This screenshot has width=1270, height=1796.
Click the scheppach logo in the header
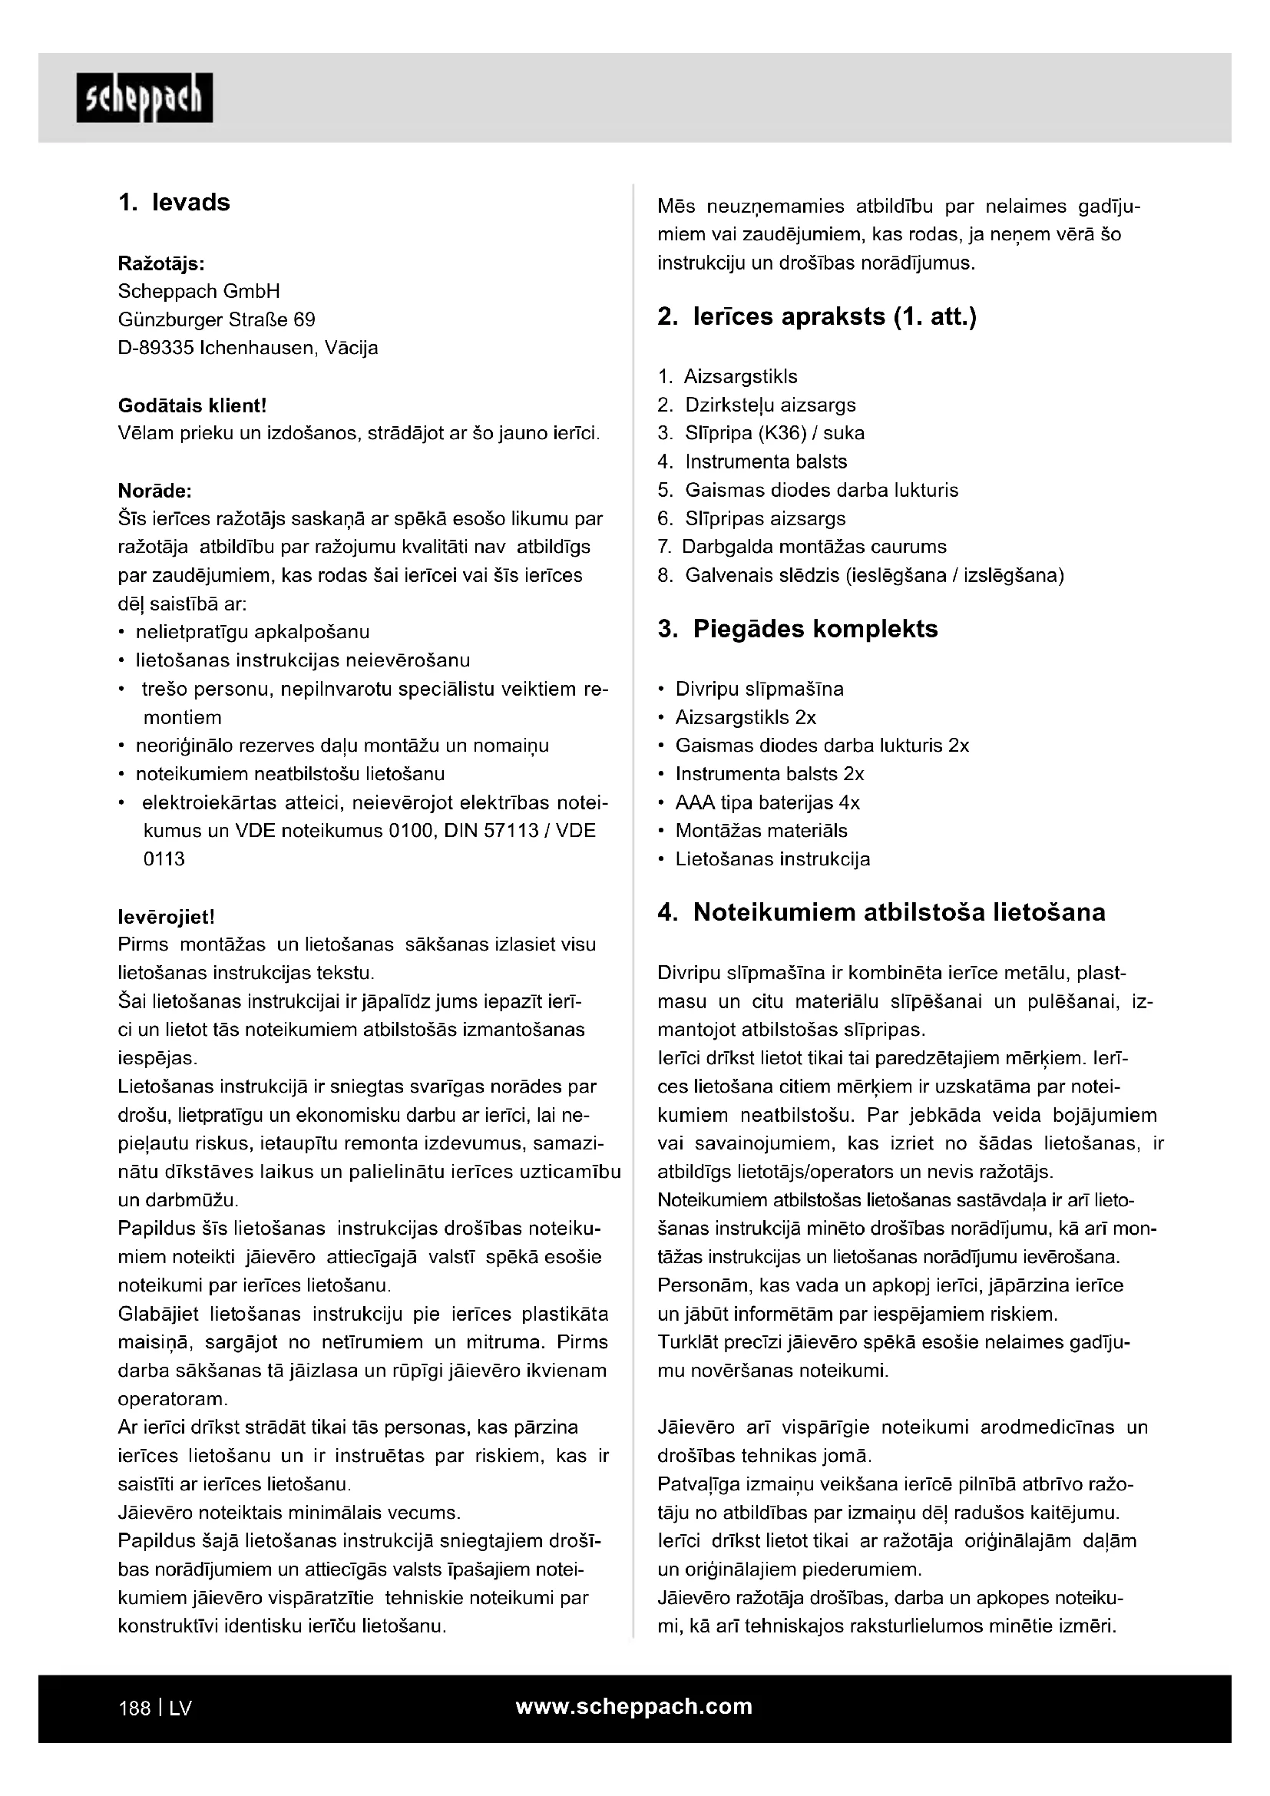point(144,98)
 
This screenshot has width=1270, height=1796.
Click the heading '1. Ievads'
point(174,203)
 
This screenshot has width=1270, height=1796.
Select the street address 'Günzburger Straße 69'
point(217,320)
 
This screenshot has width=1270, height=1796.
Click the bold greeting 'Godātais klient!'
point(193,405)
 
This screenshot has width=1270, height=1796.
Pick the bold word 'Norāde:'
point(155,491)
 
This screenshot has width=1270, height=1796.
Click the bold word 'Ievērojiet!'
point(166,916)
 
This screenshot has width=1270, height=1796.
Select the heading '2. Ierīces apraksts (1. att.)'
point(817,317)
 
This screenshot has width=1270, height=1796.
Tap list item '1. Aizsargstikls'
point(728,377)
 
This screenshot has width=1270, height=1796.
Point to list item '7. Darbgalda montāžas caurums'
point(802,547)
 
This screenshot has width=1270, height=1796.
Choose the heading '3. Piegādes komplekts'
point(798,629)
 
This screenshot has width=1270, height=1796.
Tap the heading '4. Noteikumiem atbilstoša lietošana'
point(881,913)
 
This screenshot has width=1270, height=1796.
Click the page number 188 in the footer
point(134,1708)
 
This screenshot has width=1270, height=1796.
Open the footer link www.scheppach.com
point(633,1707)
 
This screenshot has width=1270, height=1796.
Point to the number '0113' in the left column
point(164,859)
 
